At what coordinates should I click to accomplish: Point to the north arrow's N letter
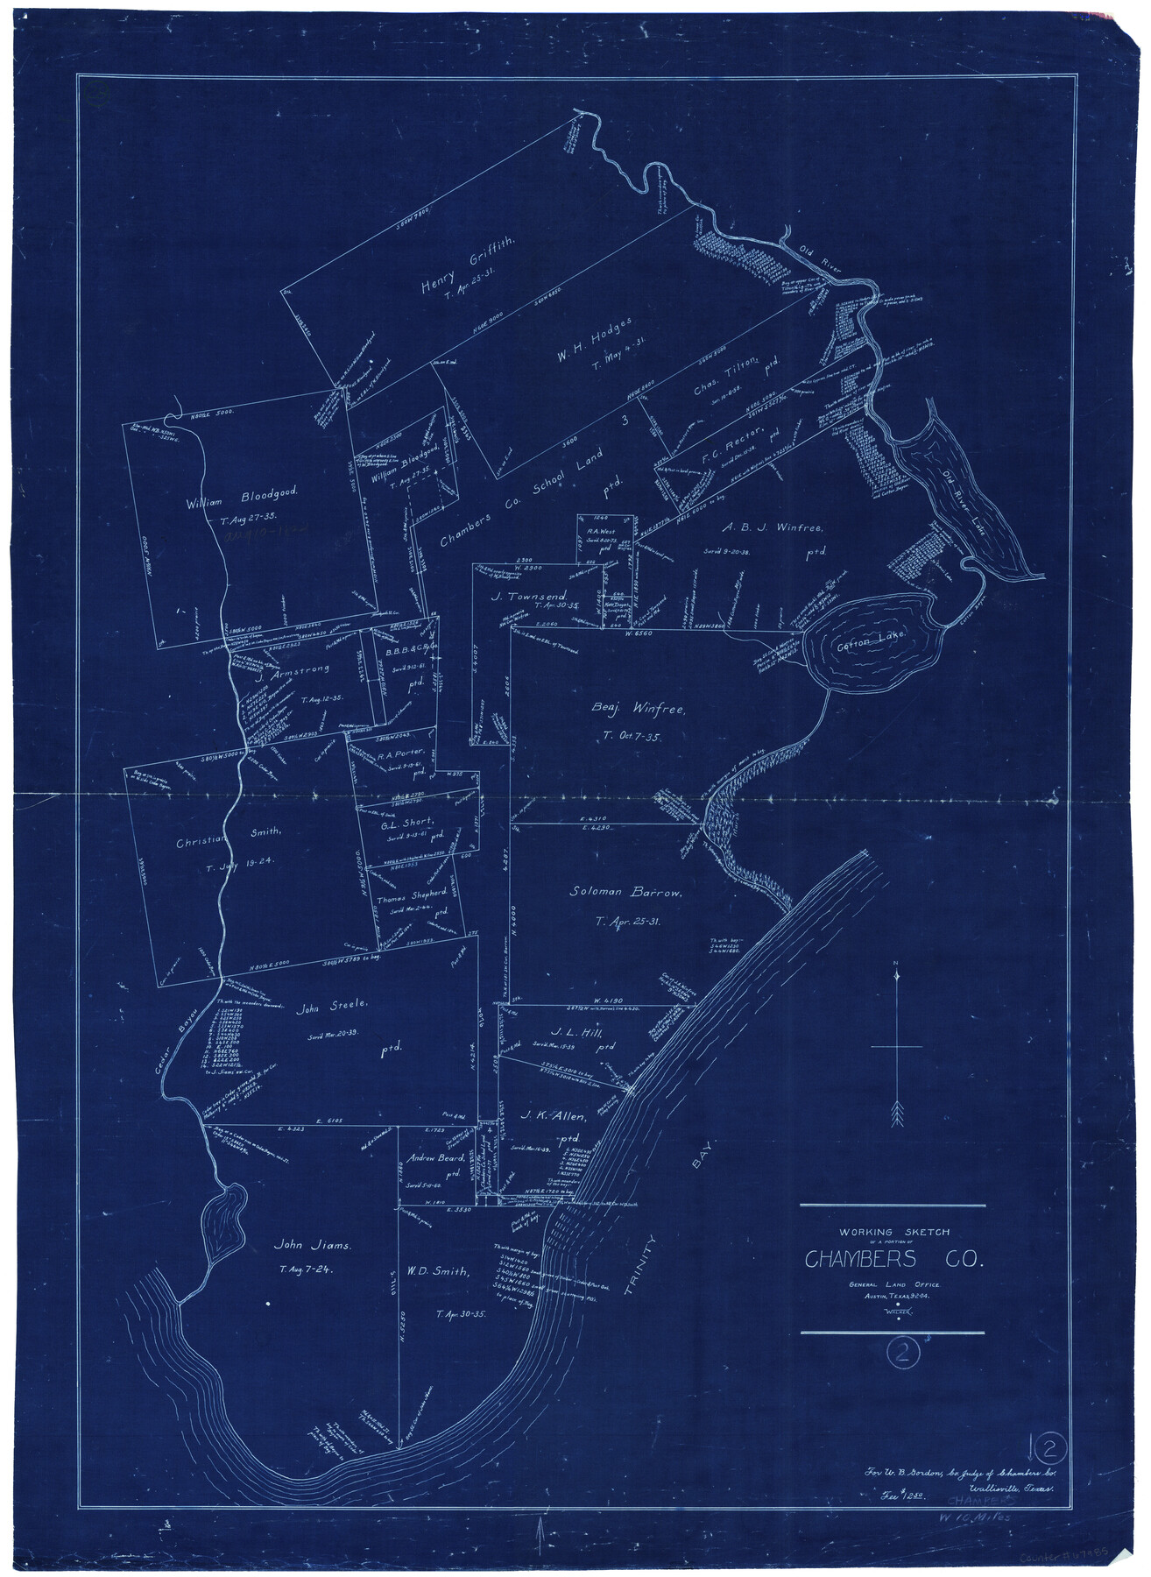[895, 966]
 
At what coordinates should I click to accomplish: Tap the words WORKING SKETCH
[893, 1231]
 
